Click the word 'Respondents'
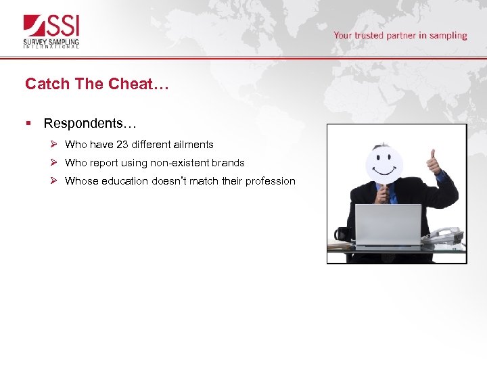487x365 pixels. point(85,123)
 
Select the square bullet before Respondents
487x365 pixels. point(28,123)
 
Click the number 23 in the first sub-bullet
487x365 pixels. point(122,145)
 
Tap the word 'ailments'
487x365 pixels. point(193,145)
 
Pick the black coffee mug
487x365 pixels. point(342,235)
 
